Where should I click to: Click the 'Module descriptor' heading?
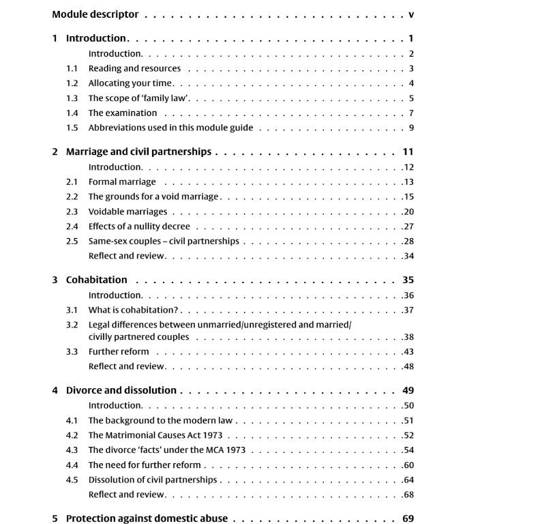click(x=95, y=14)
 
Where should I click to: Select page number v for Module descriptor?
click(x=411, y=14)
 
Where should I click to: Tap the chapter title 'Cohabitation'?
click(x=96, y=280)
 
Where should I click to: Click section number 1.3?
click(x=72, y=98)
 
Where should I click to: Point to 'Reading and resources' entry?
click(x=134, y=68)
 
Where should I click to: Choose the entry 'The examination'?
click(x=123, y=113)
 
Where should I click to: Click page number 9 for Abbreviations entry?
click(x=412, y=128)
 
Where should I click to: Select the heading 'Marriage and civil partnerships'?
click(x=138, y=151)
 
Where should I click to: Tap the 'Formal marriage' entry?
click(x=122, y=182)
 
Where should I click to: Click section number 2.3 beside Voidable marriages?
click(x=72, y=212)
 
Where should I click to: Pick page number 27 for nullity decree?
click(x=409, y=227)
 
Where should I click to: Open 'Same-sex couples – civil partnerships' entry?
click(x=164, y=241)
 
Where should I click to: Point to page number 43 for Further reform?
click(x=409, y=352)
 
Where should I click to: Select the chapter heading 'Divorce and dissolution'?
click(x=121, y=390)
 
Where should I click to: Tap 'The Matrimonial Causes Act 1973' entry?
click(x=155, y=435)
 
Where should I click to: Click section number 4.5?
click(x=72, y=480)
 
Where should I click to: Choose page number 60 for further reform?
click(x=409, y=465)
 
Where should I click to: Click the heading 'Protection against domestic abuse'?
click(x=147, y=519)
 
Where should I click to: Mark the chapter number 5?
click(x=55, y=519)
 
